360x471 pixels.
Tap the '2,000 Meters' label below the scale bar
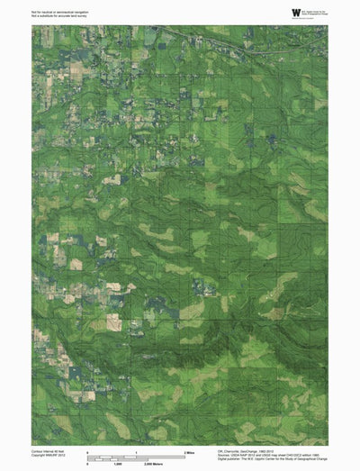point(187,463)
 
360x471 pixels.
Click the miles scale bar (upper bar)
point(135,455)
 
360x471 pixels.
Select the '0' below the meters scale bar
point(87,463)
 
